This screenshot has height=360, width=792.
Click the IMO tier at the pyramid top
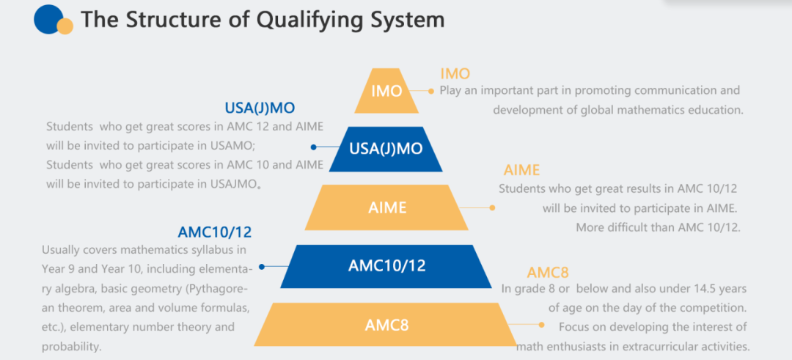click(386, 91)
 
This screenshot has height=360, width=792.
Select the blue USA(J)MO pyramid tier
click(386, 149)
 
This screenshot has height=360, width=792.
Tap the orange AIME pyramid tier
click(386, 207)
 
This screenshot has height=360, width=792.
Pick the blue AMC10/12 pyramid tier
click(386, 265)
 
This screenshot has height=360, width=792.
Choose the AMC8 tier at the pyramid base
click(386, 324)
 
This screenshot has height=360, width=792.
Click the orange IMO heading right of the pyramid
click(455, 74)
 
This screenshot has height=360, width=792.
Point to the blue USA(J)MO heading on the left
click(260, 108)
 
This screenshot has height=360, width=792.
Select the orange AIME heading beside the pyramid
click(522, 170)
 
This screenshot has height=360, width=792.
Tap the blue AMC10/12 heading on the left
click(215, 232)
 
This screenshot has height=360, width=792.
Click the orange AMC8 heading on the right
click(548, 273)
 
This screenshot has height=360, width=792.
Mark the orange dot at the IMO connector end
click(431, 92)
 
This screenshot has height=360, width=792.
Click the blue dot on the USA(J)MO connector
click(314, 147)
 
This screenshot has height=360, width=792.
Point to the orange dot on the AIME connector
click(493, 207)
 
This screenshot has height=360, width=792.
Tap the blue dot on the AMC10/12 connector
click(262, 267)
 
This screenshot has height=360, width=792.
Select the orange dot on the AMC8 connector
click(542, 325)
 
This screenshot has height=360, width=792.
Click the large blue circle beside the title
click(48, 18)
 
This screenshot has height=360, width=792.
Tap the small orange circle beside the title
click(65, 26)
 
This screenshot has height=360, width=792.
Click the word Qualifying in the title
click(311, 21)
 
